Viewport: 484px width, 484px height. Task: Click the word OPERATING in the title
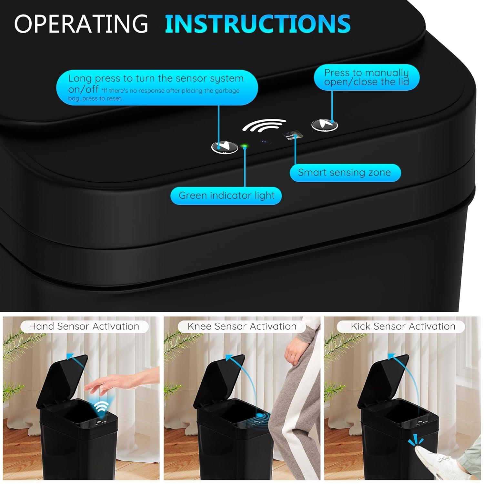click(81, 23)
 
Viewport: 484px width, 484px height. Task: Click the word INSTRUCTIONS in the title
click(257, 23)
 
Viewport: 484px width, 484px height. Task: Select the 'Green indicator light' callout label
click(226, 196)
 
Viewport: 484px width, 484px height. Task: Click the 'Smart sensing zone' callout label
click(345, 173)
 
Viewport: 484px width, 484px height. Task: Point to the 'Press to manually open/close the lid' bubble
click(367, 77)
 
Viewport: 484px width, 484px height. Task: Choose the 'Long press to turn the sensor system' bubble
click(157, 87)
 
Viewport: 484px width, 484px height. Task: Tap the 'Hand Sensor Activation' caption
click(84, 326)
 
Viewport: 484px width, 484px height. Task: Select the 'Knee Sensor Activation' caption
click(242, 326)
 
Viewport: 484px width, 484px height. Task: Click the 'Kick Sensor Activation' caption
click(403, 326)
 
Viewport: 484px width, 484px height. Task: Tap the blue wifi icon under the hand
click(102, 407)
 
